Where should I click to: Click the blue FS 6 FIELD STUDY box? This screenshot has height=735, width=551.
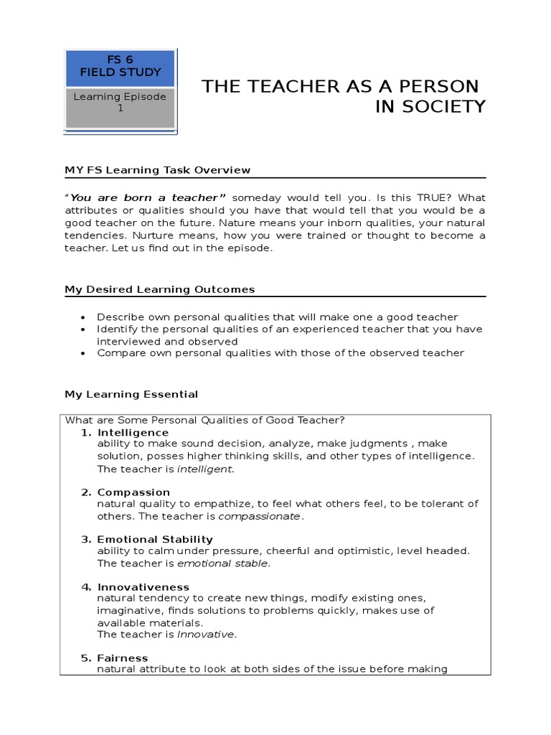click(121, 66)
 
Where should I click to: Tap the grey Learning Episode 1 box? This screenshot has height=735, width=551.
click(121, 102)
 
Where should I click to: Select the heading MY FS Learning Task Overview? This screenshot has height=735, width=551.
click(158, 170)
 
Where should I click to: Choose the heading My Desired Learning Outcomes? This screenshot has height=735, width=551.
click(160, 289)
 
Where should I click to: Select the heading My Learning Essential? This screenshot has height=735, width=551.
click(131, 394)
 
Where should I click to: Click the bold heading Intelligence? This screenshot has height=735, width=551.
click(133, 433)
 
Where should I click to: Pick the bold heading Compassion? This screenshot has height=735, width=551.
click(133, 492)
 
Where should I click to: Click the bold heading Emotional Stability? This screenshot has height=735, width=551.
click(155, 539)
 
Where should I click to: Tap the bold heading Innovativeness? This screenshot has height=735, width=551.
click(143, 587)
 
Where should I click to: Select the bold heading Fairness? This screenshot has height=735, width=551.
click(123, 658)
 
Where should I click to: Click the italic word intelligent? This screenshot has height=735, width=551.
click(205, 469)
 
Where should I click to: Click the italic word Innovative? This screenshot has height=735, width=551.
click(206, 635)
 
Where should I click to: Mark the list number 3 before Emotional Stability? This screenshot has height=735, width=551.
click(85, 539)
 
